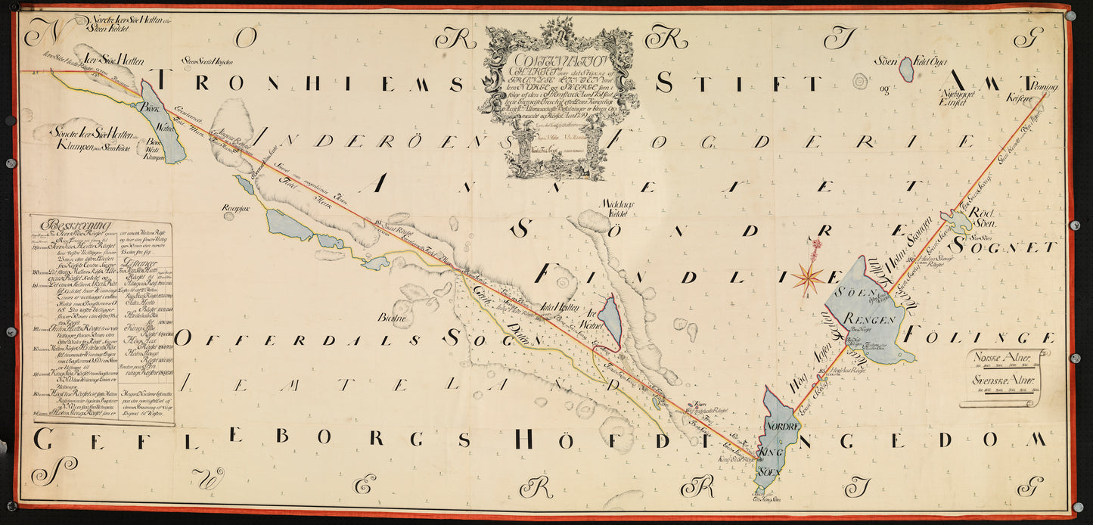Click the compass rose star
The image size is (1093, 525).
(x=809, y=278)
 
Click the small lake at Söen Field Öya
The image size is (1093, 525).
(x=905, y=70)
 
